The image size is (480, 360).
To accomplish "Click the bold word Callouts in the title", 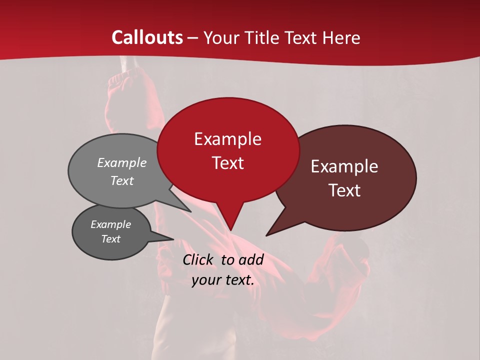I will point(147,37).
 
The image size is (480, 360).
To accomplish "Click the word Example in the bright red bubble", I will point(227,139).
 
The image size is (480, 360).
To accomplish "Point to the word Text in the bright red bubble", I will point(227,163).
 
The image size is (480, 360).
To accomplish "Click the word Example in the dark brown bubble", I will point(344,166).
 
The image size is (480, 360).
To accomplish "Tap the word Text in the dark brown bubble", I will point(344,190).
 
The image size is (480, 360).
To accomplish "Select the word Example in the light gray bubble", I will point(122,162).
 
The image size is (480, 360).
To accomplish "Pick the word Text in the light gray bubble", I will point(122,180).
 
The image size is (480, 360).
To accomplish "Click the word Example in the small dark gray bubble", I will point(111,224).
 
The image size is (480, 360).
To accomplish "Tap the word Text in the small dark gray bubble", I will point(111,239).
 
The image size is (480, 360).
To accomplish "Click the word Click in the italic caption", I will point(198,259).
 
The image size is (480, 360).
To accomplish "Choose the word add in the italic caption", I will point(251,259).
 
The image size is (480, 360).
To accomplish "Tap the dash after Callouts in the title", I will point(193,38).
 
